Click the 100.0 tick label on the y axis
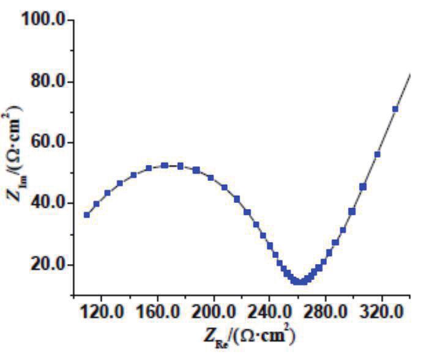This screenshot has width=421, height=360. coord(42,20)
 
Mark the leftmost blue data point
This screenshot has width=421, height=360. coord(87,215)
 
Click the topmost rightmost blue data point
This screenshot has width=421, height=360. coord(395,109)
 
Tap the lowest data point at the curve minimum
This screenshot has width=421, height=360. coord(299,282)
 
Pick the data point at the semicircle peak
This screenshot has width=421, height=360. coord(165,165)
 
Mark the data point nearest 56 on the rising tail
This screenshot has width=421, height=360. coord(377,154)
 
